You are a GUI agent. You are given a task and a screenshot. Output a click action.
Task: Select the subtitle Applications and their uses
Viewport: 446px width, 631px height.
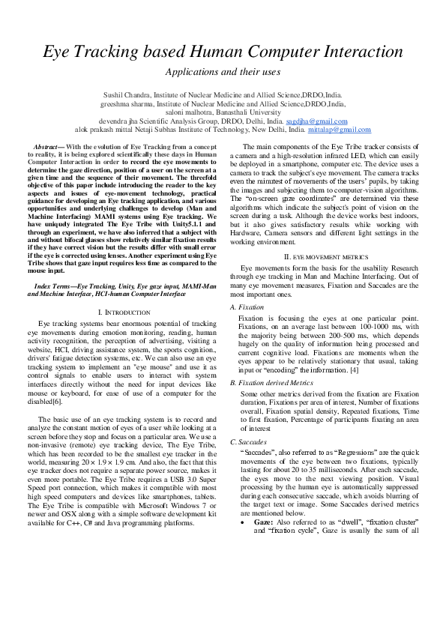click(x=223, y=73)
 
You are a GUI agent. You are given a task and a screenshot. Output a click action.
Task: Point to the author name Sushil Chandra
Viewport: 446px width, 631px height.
click(x=124, y=96)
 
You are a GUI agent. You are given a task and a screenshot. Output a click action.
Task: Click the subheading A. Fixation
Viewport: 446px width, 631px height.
click(x=247, y=307)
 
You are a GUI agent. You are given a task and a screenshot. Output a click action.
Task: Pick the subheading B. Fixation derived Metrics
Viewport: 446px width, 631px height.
click(x=271, y=381)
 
